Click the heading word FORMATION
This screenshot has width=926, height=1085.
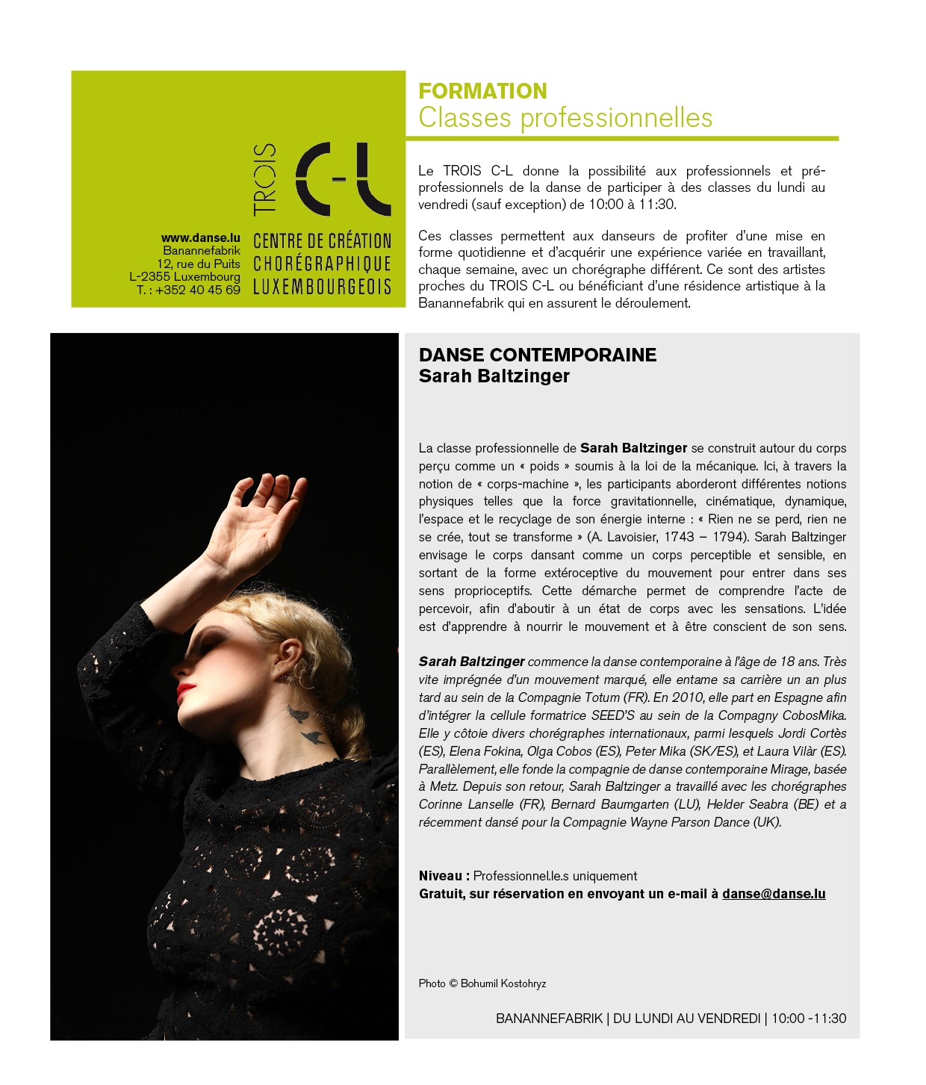coord(482,91)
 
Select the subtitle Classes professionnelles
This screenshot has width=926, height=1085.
coord(565,118)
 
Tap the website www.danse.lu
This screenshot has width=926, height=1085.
coord(200,238)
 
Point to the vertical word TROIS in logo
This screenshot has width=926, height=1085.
coord(265,179)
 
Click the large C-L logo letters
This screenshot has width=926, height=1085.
coord(343,178)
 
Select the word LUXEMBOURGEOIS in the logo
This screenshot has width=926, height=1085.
coord(322,287)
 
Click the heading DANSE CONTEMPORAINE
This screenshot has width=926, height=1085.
coord(537,355)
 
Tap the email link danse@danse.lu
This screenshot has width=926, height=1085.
coord(773,894)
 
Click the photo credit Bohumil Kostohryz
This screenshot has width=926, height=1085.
coord(503,983)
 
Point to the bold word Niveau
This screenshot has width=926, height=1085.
coord(441,876)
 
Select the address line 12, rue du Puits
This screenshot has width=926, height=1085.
coord(198,264)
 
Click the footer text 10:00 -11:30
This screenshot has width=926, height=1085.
coord(808,1019)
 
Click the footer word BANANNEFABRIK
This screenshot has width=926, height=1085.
coord(549,1019)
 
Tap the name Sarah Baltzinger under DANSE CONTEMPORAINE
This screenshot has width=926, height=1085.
coord(494,376)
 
